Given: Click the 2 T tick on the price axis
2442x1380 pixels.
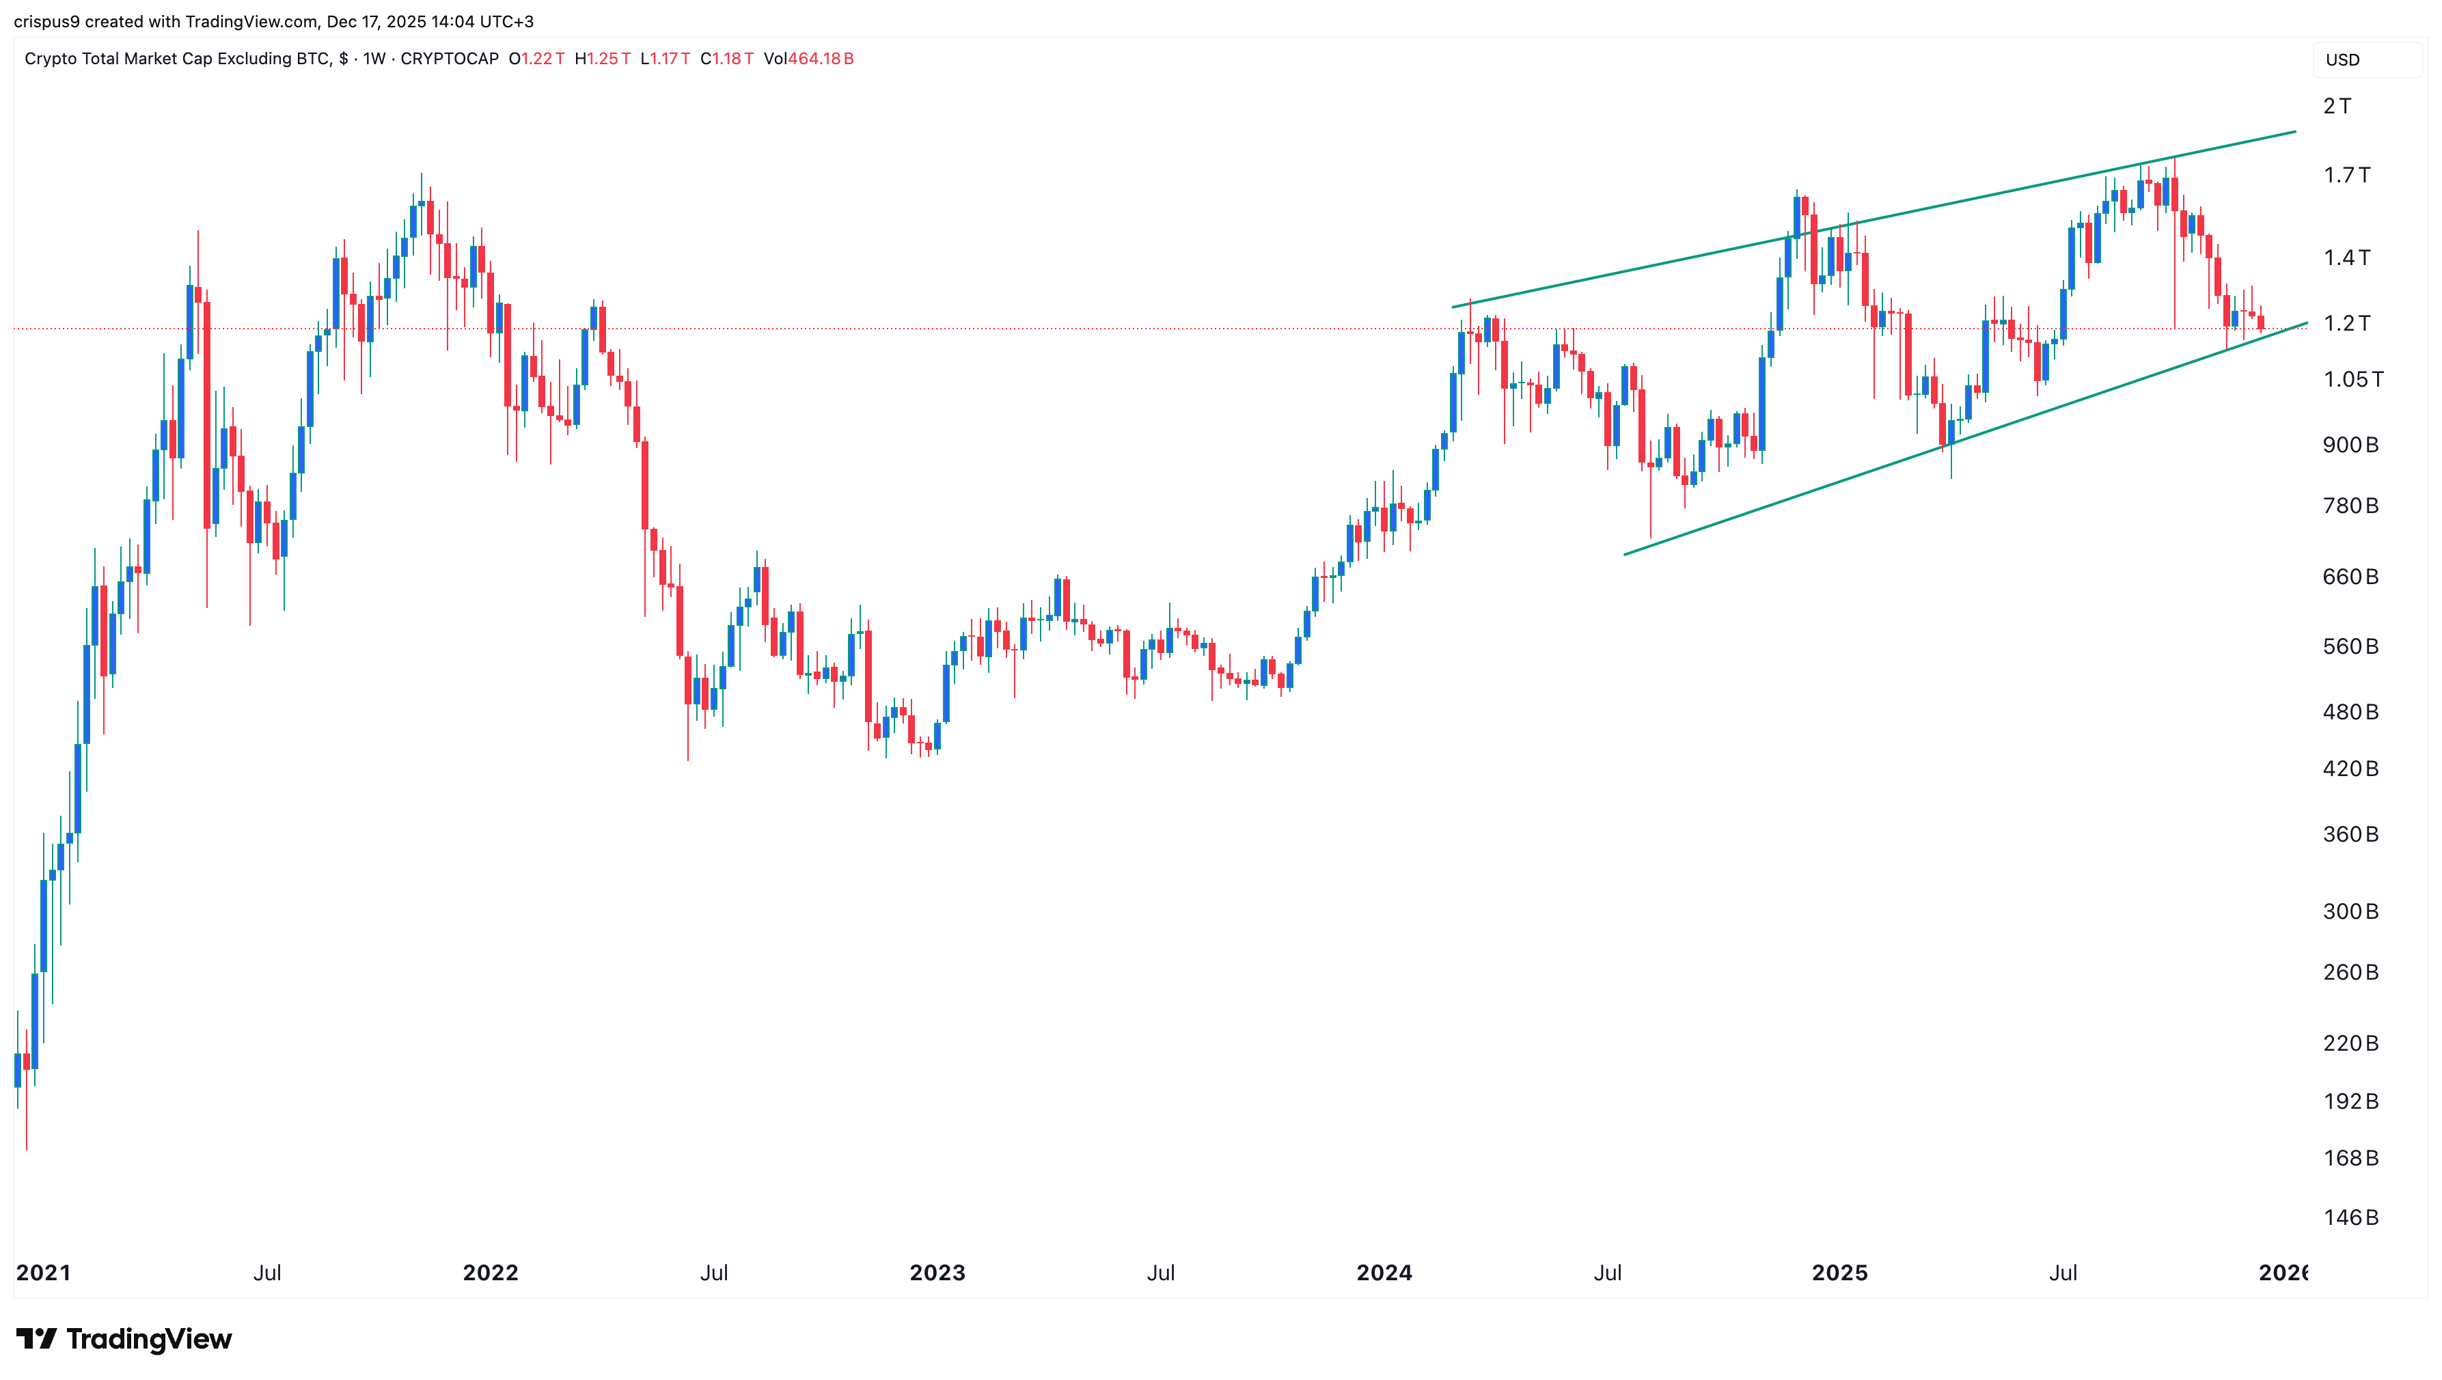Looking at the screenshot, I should click(2337, 106).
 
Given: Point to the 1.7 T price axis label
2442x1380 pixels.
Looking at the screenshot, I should click(2346, 176).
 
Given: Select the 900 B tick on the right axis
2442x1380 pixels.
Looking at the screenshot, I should click(2350, 445).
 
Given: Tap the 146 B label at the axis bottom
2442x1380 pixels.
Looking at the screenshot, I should click(2350, 1218).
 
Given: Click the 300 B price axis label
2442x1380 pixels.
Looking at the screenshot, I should click(2350, 912).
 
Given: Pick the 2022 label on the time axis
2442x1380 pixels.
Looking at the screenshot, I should click(490, 1273).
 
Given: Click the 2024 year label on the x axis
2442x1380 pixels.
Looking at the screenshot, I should click(1384, 1273).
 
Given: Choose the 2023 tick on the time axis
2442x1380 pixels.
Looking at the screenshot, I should click(937, 1273).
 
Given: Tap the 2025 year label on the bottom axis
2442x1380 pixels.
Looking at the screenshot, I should click(1839, 1273).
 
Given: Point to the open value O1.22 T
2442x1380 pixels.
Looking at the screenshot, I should click(536, 59).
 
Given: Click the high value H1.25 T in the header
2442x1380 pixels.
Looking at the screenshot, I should click(602, 59).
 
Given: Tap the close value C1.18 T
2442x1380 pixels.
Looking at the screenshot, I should click(727, 59).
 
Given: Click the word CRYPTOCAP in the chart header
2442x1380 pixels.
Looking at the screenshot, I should click(450, 59).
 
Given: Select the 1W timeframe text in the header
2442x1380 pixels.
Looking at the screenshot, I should click(374, 59).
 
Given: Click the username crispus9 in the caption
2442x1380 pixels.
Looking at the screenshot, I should click(46, 21).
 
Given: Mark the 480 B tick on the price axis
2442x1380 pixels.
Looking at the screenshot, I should click(2350, 712).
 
